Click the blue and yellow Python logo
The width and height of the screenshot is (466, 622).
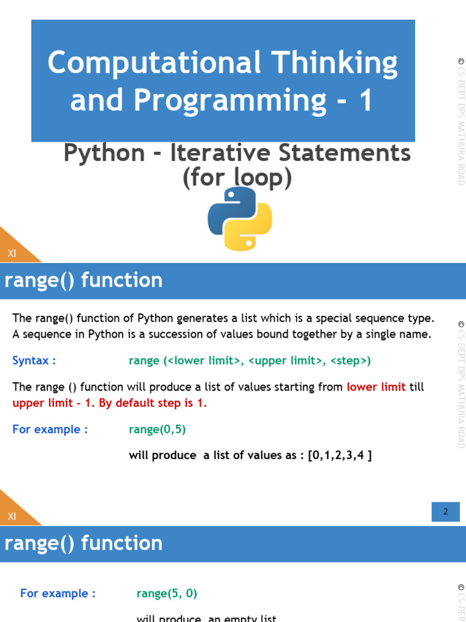(240, 219)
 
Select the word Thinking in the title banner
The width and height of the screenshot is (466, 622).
(335, 63)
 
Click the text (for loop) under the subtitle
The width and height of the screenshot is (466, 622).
(237, 178)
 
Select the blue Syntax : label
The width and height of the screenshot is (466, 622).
(34, 361)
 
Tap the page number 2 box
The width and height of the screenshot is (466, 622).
(445, 511)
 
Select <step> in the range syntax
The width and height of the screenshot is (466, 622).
(350, 361)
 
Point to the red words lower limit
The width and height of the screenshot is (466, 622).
(376, 387)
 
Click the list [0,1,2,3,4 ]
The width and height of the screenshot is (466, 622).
(340, 455)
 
